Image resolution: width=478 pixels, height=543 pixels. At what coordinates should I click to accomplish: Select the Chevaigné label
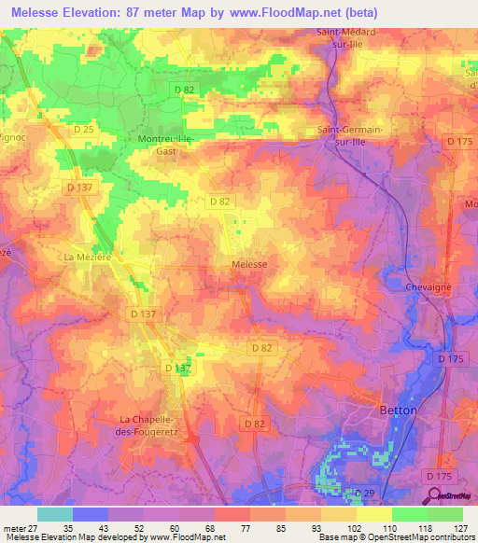(x=429, y=287)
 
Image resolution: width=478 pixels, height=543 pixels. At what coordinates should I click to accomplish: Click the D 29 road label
(x=364, y=492)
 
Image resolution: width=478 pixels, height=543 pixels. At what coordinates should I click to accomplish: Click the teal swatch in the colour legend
(x=54, y=513)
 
